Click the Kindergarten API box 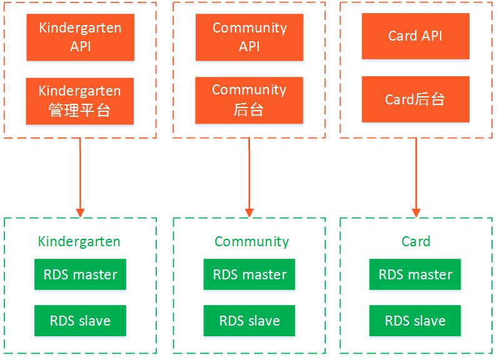[x=80, y=37]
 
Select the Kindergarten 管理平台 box [x=80, y=101]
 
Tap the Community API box [x=249, y=37]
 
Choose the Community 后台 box [x=249, y=100]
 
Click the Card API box [x=416, y=36]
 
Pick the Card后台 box [x=416, y=99]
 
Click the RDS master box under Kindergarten [x=80, y=274]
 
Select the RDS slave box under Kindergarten [x=80, y=321]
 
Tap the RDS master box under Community [x=249, y=274]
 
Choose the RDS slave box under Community [x=249, y=321]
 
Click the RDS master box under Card [x=415, y=274]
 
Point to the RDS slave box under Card [x=415, y=321]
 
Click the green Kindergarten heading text [x=79, y=242]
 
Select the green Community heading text [x=252, y=242]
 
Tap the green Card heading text [x=416, y=241]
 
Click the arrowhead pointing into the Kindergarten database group [x=81, y=213]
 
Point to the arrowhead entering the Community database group [x=249, y=213]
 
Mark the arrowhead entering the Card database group [x=416, y=213]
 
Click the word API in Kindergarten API [x=81, y=47]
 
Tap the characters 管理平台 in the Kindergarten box [x=79, y=110]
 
